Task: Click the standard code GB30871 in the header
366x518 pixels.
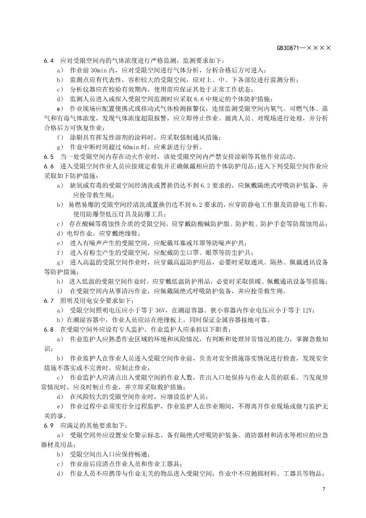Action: pos(288,48)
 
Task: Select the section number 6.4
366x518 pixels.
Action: pos(49,61)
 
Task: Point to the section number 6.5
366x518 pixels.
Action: pos(49,156)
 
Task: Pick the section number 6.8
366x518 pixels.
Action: pos(49,330)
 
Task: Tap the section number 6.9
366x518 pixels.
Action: pos(49,425)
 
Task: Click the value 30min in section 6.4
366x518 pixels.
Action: pos(98,70)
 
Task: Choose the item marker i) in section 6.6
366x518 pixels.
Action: pos(59,291)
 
